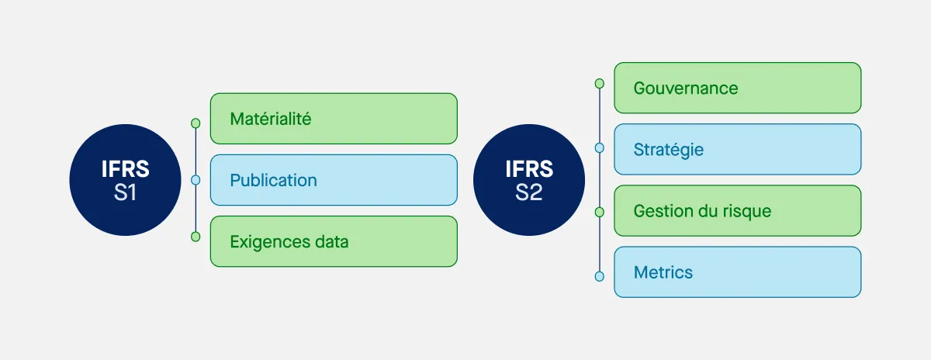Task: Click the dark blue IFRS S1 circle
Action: (x=125, y=180)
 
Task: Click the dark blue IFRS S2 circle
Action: (x=528, y=180)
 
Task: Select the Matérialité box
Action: (x=334, y=119)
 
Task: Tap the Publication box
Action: (x=334, y=180)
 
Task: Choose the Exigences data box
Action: (x=334, y=241)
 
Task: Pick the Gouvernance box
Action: (x=737, y=88)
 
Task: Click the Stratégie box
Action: (x=737, y=149)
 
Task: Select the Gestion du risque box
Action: (x=737, y=210)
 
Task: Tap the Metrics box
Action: (x=737, y=272)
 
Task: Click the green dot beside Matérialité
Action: (x=196, y=123)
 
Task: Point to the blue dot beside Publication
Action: (x=196, y=180)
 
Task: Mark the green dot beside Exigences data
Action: (x=196, y=237)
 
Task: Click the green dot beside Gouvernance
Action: (x=599, y=83)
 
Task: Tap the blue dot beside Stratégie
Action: (x=599, y=147)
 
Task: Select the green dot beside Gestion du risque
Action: (x=599, y=211)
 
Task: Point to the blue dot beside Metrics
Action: (x=599, y=275)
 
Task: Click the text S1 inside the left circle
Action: (x=125, y=192)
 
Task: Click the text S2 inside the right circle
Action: (x=528, y=192)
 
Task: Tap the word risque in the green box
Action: (x=744, y=211)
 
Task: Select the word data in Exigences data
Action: (x=331, y=241)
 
